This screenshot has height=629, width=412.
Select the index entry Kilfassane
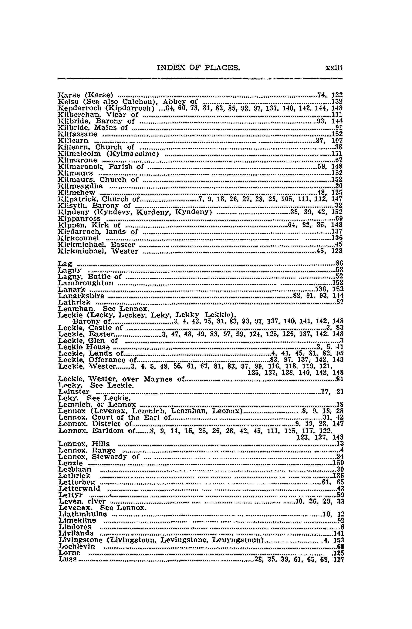(x=77, y=134)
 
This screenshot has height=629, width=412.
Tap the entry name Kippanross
(x=79, y=219)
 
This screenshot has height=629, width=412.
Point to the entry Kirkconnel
(x=78, y=238)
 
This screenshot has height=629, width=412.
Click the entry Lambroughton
(x=86, y=283)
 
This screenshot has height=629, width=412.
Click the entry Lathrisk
(x=74, y=302)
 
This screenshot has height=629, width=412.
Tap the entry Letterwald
(x=79, y=488)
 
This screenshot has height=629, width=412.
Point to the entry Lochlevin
(x=77, y=546)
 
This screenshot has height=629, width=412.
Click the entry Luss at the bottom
(x=68, y=559)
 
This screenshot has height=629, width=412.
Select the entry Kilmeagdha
(x=80, y=186)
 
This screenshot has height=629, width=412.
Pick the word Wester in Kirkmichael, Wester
(x=124, y=251)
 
